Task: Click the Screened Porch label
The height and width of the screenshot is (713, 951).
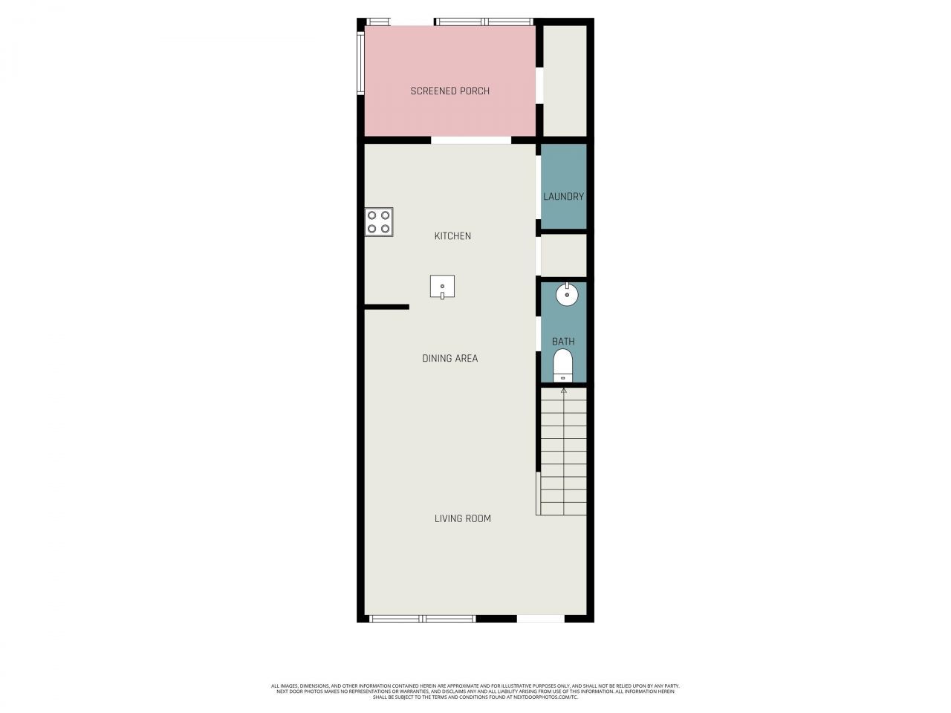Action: pos(449,91)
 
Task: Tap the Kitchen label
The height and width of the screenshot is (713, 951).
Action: pos(452,236)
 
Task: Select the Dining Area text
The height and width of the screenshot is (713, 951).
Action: pos(449,359)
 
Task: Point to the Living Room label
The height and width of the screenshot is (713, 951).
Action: pos(462,518)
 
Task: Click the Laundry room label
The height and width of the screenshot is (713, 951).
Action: pos(563,197)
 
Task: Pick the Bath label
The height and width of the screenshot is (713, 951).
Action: pos(563,342)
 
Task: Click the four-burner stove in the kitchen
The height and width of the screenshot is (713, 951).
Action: pos(379,222)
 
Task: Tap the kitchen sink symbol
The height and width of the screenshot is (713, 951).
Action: pos(442,287)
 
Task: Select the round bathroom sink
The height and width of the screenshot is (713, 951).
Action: pos(568,294)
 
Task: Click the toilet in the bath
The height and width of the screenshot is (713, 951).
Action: pos(563,365)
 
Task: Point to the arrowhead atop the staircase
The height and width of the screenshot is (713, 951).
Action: pos(563,390)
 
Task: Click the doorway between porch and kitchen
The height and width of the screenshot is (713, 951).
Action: pos(471,140)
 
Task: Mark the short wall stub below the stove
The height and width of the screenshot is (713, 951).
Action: pos(386,307)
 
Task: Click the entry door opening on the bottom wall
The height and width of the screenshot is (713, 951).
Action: pos(540,619)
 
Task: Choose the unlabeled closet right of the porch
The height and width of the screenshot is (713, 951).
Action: pos(565,81)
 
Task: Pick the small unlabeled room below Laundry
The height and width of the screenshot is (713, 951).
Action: pos(563,255)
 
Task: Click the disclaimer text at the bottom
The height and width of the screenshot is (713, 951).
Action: pos(475,691)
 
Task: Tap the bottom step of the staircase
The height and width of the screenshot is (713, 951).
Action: pos(563,509)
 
